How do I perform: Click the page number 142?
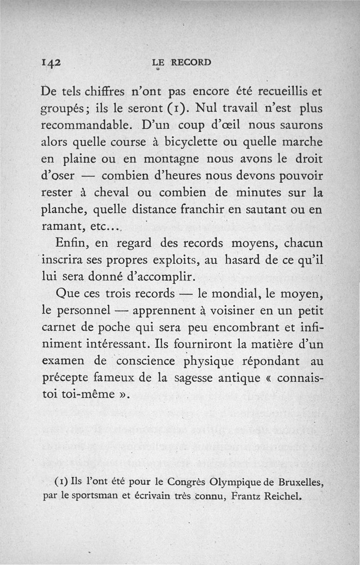(x=49, y=63)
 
